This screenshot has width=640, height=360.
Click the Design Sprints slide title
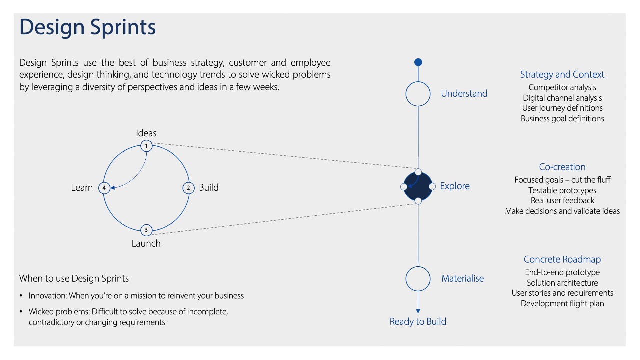tap(88, 27)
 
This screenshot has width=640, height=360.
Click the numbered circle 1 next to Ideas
tap(146, 146)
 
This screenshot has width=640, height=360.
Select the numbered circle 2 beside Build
tap(188, 188)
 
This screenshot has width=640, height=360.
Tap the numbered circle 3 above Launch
tap(146, 230)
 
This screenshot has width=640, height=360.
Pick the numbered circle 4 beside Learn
tap(104, 188)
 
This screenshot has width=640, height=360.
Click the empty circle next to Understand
tap(418, 94)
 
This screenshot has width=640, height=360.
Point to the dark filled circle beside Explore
tap(418, 186)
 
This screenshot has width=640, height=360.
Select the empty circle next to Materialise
tap(418, 279)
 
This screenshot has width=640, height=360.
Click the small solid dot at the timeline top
tap(418, 62)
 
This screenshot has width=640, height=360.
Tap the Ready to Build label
tap(418, 322)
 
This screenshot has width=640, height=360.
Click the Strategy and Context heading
tap(562, 75)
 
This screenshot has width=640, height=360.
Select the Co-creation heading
tap(562, 167)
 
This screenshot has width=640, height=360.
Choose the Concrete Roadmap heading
tap(562, 260)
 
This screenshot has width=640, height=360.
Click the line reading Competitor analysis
tap(562, 88)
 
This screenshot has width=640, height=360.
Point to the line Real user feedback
tap(562, 201)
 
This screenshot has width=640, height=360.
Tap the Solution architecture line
tap(562, 283)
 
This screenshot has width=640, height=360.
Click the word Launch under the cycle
tap(146, 244)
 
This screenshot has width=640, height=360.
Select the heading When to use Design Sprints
tap(74, 279)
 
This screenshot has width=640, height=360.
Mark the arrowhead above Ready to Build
tap(418, 311)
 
